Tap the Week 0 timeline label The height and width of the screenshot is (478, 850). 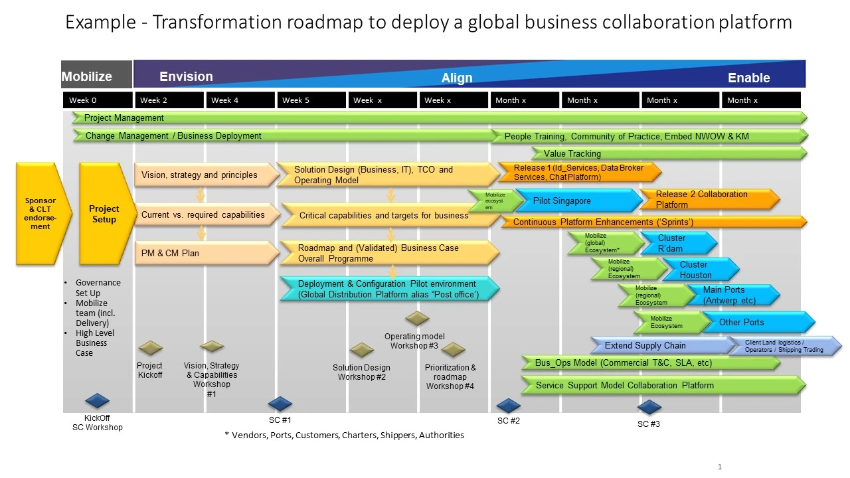[x=98, y=100]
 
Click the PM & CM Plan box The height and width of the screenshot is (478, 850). [x=205, y=253]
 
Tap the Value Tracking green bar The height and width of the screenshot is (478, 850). [x=667, y=153]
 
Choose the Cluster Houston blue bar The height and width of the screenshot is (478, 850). [x=697, y=270]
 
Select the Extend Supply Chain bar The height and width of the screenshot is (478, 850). [x=657, y=345]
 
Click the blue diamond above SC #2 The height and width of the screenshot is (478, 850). [x=508, y=405]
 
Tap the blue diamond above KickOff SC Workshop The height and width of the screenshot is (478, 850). [x=98, y=400]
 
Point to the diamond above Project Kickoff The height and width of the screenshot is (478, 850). [x=150, y=347]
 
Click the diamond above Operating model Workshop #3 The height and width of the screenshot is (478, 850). [x=417, y=318]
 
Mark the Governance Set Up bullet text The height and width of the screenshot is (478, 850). [x=98, y=287]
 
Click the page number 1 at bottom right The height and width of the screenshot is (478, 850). [x=719, y=467]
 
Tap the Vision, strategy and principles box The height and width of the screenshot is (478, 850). [x=205, y=175]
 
